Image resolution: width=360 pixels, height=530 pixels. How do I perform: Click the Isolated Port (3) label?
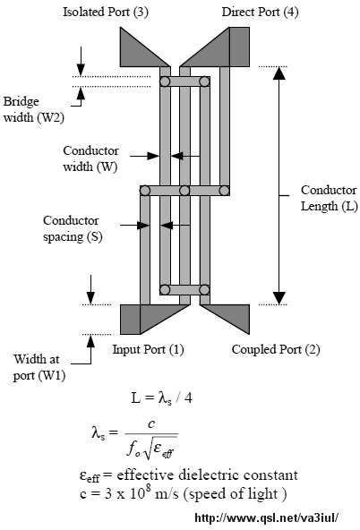(106, 13)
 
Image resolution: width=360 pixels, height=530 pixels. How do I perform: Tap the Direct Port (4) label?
(260, 13)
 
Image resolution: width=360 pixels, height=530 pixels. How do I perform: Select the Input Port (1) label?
(148, 349)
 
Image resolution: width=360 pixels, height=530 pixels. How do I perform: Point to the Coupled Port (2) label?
(276, 349)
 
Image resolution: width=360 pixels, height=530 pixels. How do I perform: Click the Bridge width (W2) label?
(34, 109)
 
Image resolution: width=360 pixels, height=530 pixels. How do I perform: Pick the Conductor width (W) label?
(90, 158)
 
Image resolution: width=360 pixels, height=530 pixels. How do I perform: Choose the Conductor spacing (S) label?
(73, 229)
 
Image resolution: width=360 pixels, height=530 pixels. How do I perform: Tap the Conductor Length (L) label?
(330, 198)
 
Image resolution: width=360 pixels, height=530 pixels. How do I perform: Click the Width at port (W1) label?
(39, 367)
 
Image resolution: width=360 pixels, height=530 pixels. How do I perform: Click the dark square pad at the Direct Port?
(239, 47)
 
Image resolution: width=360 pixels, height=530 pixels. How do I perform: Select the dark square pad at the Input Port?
(130, 320)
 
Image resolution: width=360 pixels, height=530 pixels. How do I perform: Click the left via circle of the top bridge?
(165, 81)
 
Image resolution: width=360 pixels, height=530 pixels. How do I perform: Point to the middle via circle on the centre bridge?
(184, 191)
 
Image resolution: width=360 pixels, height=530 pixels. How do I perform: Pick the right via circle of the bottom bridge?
(204, 290)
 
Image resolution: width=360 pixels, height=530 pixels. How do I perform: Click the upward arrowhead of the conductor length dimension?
(279, 73)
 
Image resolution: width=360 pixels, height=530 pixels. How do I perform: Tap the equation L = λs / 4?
(161, 398)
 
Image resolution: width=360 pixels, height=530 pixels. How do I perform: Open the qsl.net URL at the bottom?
(267, 517)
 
